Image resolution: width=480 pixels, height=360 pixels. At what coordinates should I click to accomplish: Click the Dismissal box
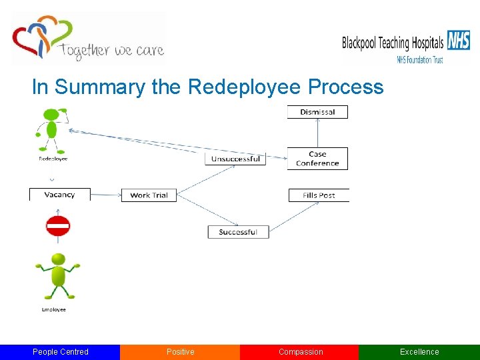coord(317,112)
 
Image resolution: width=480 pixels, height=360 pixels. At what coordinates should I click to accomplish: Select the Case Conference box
coord(317,159)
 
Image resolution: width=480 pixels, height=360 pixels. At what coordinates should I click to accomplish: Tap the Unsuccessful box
coord(235,159)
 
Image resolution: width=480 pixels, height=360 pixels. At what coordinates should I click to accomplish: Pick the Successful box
coord(237,232)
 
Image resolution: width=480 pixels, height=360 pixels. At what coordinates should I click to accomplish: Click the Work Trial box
coord(149,195)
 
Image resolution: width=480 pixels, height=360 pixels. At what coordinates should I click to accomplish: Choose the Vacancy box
coord(59,195)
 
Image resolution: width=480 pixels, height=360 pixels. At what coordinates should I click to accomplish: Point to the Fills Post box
coord(319,195)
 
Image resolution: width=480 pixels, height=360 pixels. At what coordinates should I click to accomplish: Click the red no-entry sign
coord(58,227)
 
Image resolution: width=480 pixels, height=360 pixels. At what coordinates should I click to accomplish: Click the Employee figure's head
coord(58,259)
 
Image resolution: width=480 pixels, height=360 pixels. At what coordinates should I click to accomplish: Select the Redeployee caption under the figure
coord(53,159)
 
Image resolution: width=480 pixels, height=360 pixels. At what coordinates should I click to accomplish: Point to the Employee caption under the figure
coord(53,309)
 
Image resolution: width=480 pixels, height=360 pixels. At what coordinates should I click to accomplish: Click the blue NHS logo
coord(459,41)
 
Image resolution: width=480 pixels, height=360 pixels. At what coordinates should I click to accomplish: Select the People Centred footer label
coord(60,352)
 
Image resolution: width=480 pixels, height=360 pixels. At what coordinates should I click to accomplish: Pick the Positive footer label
coord(180,352)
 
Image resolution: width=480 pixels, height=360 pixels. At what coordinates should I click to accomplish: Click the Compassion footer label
coord(300,352)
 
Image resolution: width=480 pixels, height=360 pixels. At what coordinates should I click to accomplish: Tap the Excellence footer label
coord(419,352)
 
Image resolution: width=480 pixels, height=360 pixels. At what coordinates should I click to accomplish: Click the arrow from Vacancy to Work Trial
coord(105,195)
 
